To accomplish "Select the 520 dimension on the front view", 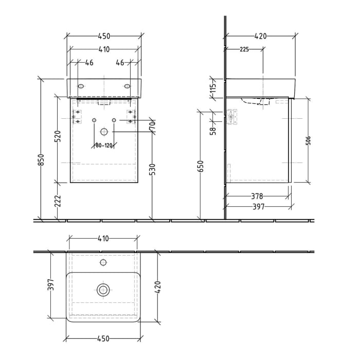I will (58, 136).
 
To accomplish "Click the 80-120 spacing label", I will (104, 146).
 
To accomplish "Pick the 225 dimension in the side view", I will (244, 49).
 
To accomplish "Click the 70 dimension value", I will (153, 125).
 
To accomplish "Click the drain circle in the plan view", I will (103, 290).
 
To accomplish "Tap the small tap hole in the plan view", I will (103, 263).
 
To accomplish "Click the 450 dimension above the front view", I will (104, 36).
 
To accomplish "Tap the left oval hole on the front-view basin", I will (81, 86).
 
